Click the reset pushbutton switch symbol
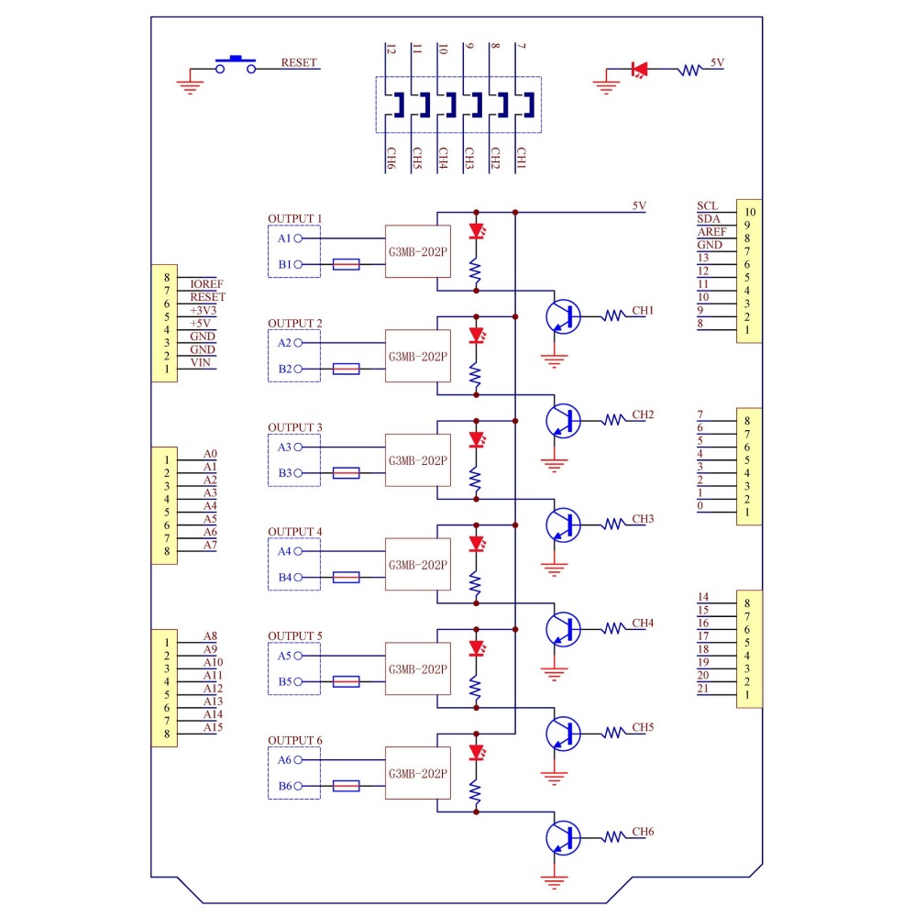[x=236, y=64]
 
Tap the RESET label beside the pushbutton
[x=299, y=63]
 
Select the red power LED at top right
[x=640, y=69]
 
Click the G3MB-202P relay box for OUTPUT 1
[x=418, y=251]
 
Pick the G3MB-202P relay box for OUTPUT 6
[x=418, y=773]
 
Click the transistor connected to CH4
[x=561, y=629]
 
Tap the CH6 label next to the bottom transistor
[x=643, y=832]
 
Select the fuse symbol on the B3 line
[x=346, y=473]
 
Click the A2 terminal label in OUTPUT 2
[x=284, y=343]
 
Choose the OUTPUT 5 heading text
[x=294, y=635]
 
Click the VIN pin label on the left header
[x=201, y=363]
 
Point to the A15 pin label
[x=213, y=727]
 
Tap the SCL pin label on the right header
[x=708, y=206]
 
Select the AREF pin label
[x=710, y=232]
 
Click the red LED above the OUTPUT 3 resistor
[x=475, y=439]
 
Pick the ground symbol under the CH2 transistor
[x=553, y=465]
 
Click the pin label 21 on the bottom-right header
[x=703, y=689]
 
